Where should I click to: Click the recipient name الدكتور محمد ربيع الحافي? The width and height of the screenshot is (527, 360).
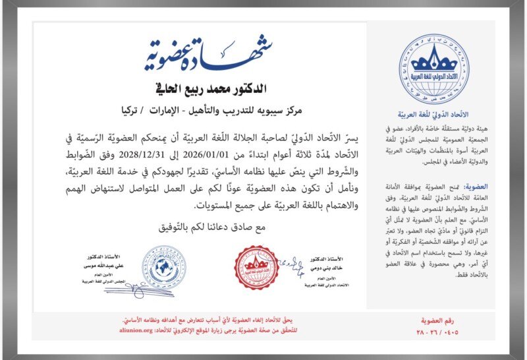209,88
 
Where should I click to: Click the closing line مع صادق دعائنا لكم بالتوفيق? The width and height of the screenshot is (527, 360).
209,228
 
